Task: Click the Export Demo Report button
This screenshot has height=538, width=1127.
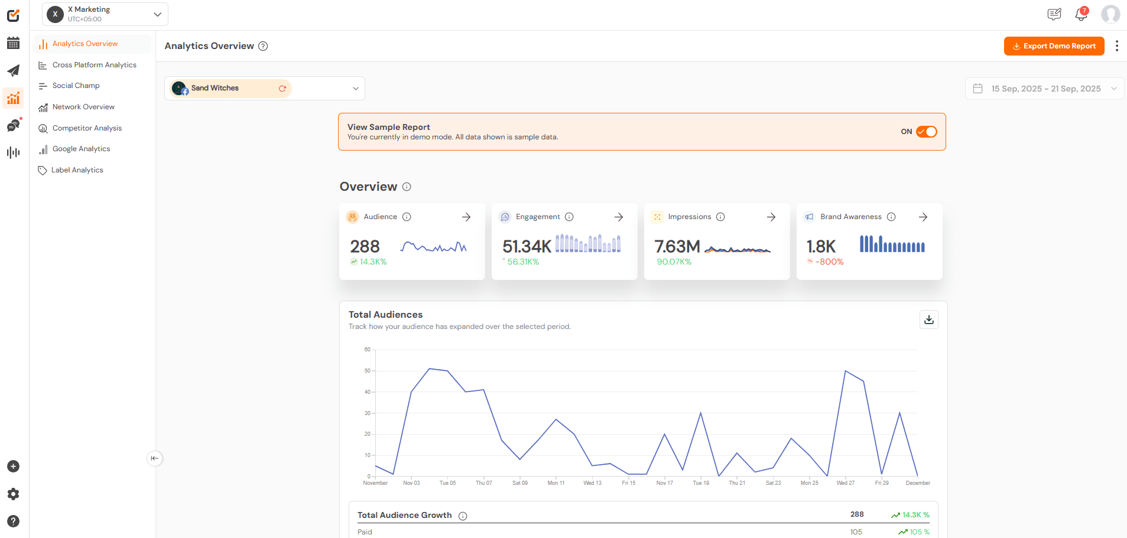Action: [1054, 46]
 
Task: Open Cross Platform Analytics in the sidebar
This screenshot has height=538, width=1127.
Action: [94, 65]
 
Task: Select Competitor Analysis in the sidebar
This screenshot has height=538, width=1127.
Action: [87, 128]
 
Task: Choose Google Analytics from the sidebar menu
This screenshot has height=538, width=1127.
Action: [81, 149]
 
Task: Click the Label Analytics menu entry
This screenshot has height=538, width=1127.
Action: [77, 170]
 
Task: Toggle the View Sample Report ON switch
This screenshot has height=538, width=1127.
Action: [926, 132]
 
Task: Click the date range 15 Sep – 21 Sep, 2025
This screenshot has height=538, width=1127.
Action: [1045, 89]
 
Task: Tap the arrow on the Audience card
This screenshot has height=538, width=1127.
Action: [466, 217]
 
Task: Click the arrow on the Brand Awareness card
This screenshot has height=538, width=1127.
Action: [923, 217]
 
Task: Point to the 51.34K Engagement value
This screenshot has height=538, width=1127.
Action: [527, 246]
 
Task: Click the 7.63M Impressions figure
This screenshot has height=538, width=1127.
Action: [677, 246]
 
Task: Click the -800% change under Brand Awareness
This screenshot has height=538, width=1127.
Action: [829, 262]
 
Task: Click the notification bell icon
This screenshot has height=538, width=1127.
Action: [1081, 14]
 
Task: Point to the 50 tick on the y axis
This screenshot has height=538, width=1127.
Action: [368, 371]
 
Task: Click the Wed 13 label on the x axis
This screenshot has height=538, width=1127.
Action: [592, 483]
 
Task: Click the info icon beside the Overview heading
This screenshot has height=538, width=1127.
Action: [407, 187]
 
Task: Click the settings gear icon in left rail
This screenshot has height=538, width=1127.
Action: [13, 494]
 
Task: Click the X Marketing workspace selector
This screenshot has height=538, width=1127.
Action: [105, 14]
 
